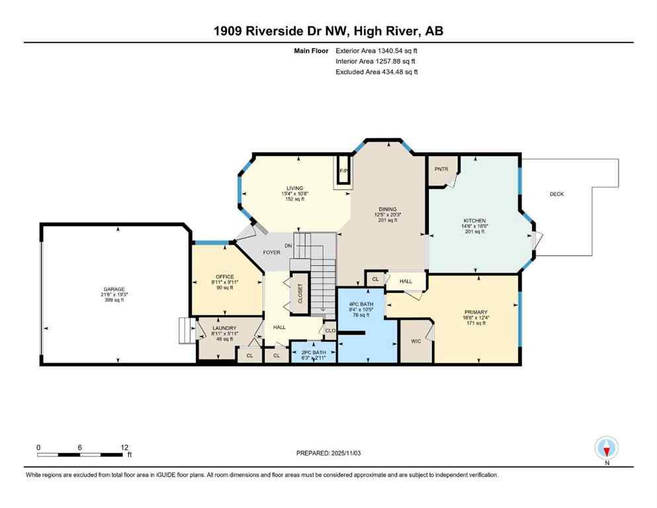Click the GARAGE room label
113,289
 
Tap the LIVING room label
294,188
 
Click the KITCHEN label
474,220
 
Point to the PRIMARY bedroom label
474,312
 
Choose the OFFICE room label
225,276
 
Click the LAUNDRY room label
224,328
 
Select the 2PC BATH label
314,352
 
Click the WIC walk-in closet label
415,341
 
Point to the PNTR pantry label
441,169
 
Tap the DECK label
556,194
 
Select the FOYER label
272,252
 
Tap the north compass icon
607,448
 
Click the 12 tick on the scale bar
124,447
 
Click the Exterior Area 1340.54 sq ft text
376,50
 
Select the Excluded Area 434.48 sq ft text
376,71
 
